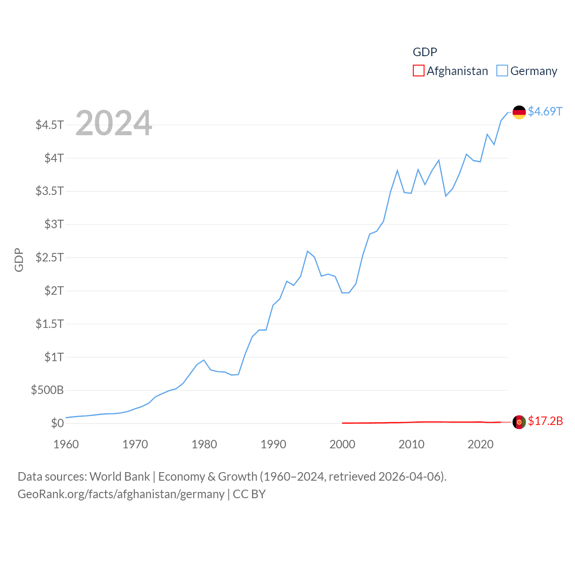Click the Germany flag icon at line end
coord(519,112)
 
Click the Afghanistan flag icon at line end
coord(519,422)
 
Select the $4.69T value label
coord(545,111)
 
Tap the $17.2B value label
coord(545,421)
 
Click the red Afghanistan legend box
coord(418,71)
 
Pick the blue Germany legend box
coord(502,71)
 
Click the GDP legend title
coord(425,52)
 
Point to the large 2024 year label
coord(114,123)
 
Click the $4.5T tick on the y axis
coord(50,124)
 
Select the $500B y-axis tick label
coord(47,390)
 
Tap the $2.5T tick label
coord(50,257)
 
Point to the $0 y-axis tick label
coord(57,423)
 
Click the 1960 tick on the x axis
coord(66,444)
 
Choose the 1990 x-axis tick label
coord(273,444)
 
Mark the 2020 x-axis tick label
coord(480,444)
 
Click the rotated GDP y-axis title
coord(19,260)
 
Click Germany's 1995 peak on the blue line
coord(307,251)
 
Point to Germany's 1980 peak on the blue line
coord(204,360)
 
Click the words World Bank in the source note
coord(119,476)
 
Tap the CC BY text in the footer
coord(249,494)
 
